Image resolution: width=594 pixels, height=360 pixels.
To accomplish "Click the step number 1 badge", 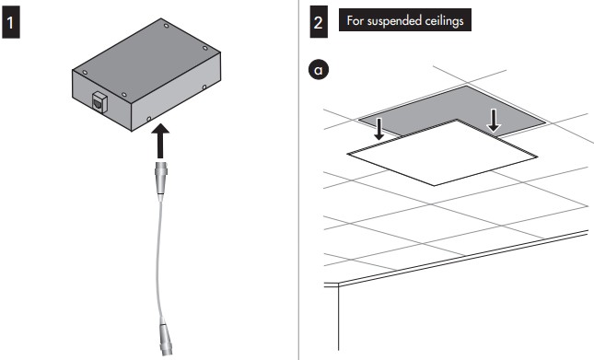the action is [x=11, y=23].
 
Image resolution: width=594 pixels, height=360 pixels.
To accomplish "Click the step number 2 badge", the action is [x=319, y=23].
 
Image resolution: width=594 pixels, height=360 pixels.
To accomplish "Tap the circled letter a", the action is [x=319, y=70].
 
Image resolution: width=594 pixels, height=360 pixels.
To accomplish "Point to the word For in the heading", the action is [x=355, y=20].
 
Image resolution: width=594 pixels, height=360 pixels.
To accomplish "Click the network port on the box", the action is [x=99, y=102].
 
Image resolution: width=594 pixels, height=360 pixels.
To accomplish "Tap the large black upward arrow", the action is [x=160, y=141].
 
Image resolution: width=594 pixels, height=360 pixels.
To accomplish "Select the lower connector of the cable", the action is [x=165, y=337].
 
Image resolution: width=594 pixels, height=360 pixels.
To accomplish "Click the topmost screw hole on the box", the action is [x=166, y=26].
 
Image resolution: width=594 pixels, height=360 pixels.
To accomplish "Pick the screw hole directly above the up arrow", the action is [x=149, y=119].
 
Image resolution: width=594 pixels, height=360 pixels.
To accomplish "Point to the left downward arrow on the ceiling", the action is [x=379, y=128].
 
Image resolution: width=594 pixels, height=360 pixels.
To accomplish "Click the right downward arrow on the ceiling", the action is [x=494, y=120].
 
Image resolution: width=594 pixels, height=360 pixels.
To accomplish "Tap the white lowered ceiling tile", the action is [x=442, y=154].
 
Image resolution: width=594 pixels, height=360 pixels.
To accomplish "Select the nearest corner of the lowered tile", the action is [x=434, y=185].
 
